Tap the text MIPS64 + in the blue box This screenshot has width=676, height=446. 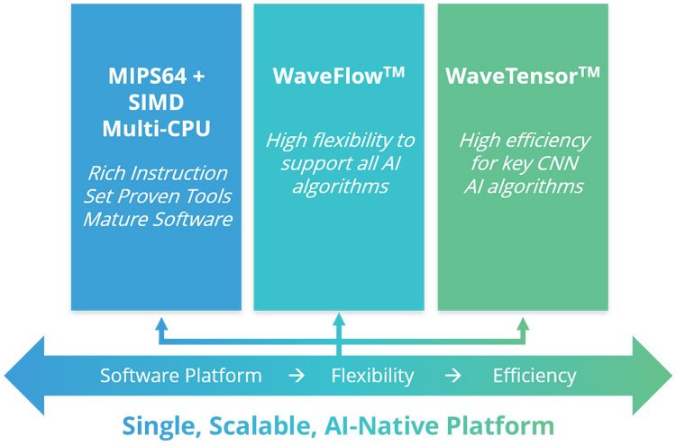pos(157,77)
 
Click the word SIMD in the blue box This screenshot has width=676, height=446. pos(156,103)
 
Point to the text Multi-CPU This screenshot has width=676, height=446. pos(157,129)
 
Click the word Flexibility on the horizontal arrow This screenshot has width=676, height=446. pos(372,376)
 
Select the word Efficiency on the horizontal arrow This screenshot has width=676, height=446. pos(534,376)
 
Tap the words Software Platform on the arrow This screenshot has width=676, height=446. pos(181,376)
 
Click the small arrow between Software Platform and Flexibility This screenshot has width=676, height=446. pos(297,376)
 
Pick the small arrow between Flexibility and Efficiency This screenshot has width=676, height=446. pos(453,376)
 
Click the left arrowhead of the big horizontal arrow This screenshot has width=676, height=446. pos(24,376)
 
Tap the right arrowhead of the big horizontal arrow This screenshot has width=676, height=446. pos(652,376)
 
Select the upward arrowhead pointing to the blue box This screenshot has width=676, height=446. pos(161,324)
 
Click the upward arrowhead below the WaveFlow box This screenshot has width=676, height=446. pos(339,319)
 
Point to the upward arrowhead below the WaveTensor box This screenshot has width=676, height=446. pos(523,324)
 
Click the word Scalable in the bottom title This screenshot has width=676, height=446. pos(260,426)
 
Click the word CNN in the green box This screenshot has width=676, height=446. pos(558,164)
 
